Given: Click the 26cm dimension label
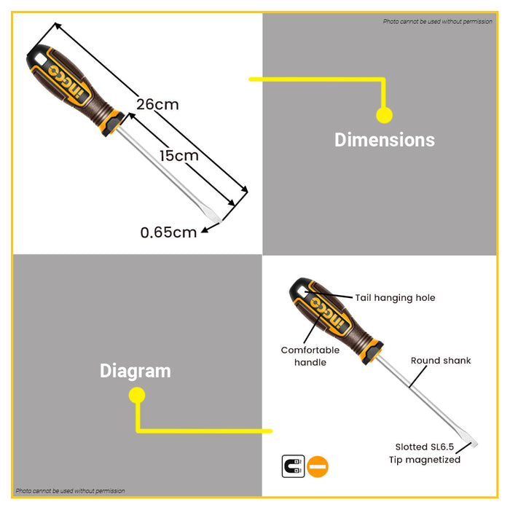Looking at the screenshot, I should (157, 104).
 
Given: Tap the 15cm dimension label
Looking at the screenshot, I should (178, 155).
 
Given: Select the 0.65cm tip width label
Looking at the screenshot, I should (168, 232).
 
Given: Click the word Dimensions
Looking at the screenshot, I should (384, 140).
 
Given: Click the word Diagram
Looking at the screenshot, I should (136, 371).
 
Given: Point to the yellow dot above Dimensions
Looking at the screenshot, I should (384, 114).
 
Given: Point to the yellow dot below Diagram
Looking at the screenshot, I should (136, 396).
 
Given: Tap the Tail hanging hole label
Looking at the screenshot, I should (395, 297).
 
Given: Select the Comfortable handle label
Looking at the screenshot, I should (310, 356).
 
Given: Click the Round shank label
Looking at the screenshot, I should (441, 361).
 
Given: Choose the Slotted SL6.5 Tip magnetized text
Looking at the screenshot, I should (428, 453).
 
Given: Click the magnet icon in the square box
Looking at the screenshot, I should (293, 466).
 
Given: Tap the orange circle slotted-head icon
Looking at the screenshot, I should (318, 466).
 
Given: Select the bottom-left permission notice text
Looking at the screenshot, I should (70, 491).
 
